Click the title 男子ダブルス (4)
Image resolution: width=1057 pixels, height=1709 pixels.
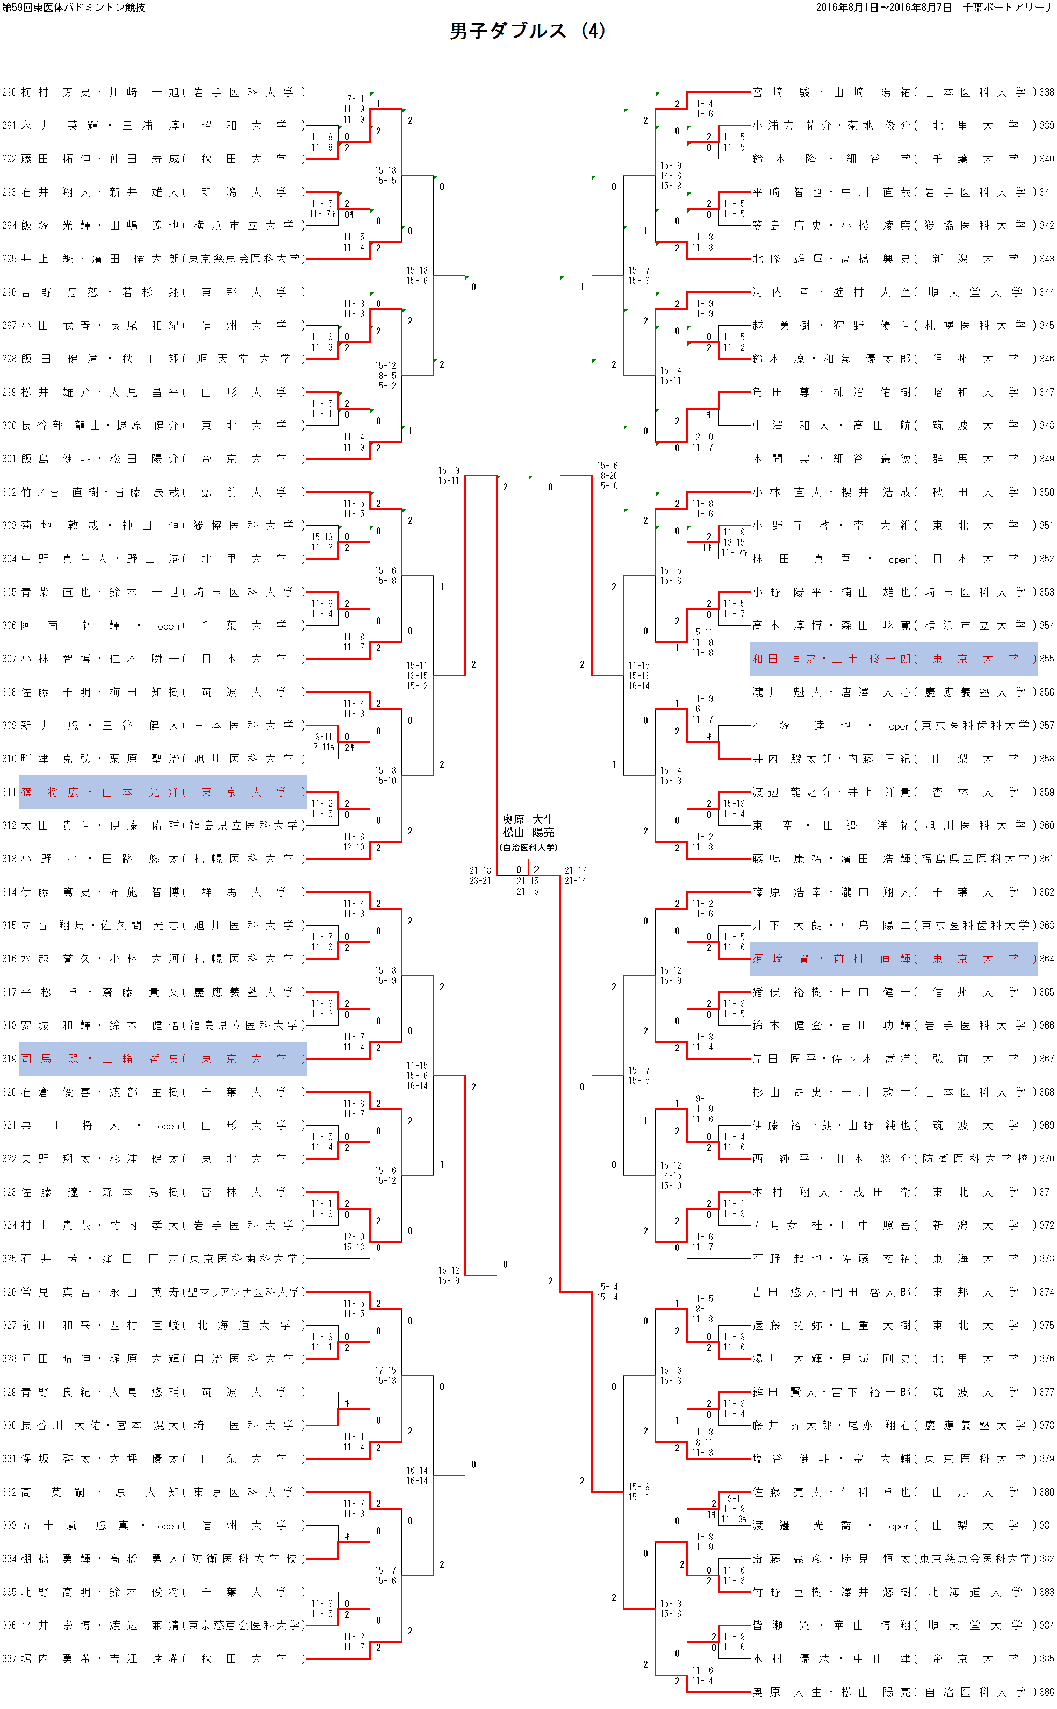click(x=527, y=31)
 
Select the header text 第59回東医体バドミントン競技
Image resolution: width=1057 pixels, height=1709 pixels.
click(x=74, y=8)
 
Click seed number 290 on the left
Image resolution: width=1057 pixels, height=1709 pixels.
click(x=9, y=92)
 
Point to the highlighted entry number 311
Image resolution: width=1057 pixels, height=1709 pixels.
click(x=9, y=792)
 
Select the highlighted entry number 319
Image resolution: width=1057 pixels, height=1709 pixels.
click(x=9, y=1059)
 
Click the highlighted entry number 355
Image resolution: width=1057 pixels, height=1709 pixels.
click(x=1046, y=659)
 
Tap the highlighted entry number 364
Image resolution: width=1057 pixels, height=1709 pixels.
click(x=1046, y=959)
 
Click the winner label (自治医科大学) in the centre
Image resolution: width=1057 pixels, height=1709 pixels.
click(x=529, y=847)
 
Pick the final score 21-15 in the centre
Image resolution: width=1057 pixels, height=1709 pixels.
click(x=528, y=881)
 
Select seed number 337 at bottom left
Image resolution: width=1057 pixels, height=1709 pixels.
click(x=9, y=1658)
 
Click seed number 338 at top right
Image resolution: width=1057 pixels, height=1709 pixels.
click(x=1046, y=92)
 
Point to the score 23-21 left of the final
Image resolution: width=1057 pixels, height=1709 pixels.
click(x=480, y=881)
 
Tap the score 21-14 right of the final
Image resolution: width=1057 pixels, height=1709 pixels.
click(x=576, y=881)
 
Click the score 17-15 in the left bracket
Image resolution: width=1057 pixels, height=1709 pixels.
click(x=385, y=1370)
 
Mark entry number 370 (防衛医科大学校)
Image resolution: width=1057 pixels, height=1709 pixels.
click(x=1046, y=1159)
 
